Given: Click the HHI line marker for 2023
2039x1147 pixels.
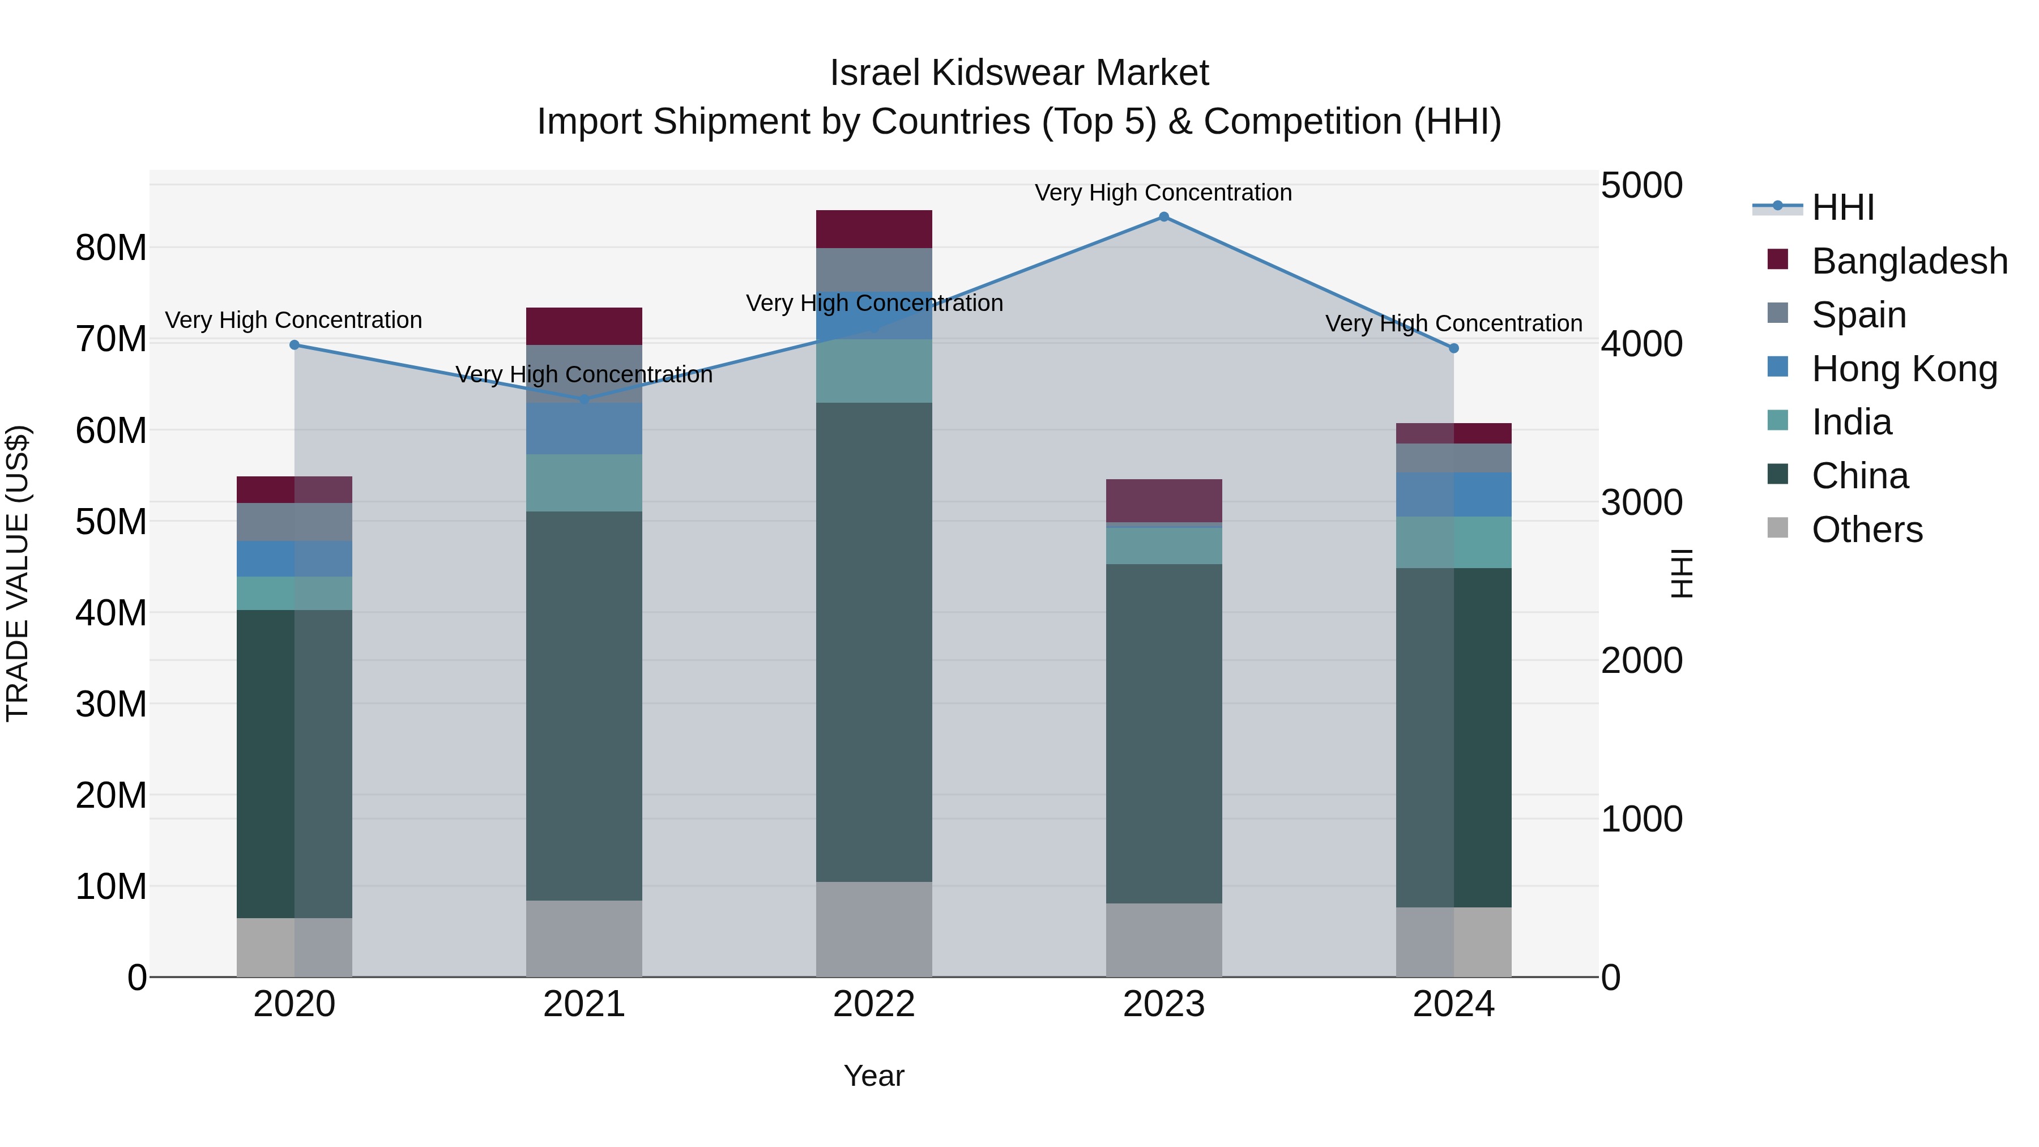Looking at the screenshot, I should coord(1163,217).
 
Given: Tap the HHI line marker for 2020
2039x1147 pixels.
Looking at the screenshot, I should coord(295,345).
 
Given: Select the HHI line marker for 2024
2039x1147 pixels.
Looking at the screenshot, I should coord(1453,348).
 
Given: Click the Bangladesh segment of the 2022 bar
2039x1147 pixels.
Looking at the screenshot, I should coord(874,229).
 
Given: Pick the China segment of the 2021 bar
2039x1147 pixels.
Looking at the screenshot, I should coord(584,705).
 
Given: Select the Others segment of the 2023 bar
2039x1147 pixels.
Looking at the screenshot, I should coord(1163,940).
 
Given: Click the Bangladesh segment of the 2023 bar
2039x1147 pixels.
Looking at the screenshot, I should coord(1163,500).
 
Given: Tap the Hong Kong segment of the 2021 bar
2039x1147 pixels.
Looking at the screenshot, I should coord(584,428).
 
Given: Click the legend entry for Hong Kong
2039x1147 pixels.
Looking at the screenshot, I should coord(1904,369).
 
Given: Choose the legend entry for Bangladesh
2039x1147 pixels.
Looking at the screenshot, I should coord(1908,261).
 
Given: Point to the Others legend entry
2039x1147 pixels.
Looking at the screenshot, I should coord(1866,530).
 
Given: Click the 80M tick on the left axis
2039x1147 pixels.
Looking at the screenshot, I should coord(111,248).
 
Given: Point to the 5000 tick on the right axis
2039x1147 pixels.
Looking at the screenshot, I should coord(1641,186).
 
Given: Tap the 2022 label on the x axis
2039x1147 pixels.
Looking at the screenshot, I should coord(874,1004).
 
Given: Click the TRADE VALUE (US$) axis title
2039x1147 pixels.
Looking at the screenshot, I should coord(18,573).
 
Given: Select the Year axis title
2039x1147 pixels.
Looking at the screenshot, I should coord(874,1076).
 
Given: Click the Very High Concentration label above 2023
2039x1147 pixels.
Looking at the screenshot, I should coord(1163,193).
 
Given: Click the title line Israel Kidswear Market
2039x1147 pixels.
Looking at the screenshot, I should coord(1019,73).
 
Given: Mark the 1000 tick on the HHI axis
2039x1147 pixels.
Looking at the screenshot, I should coord(1641,819).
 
